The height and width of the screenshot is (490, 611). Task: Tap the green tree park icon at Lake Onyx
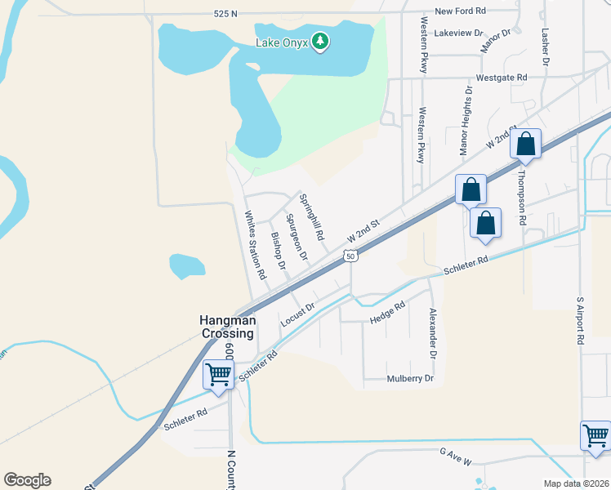coord(320,41)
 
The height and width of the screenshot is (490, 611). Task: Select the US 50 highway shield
coord(350,256)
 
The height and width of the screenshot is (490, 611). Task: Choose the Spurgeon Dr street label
coord(297,237)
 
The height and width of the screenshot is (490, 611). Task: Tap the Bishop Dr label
coord(278,250)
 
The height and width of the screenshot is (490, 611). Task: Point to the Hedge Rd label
coord(387,312)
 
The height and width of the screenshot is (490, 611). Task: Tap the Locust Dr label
coord(297,314)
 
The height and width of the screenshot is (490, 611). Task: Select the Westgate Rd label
coord(502,77)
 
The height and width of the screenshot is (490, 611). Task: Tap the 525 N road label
coord(225,14)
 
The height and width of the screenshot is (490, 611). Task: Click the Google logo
coord(27,480)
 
